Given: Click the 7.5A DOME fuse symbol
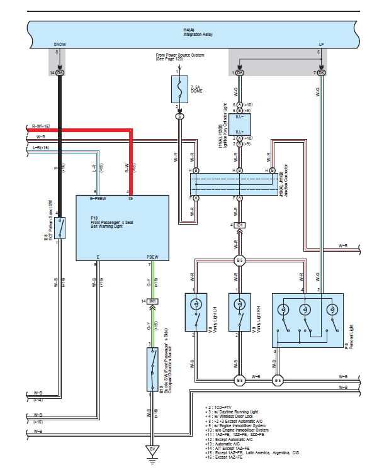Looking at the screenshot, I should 180,89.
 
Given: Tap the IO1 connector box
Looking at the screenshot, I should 241,225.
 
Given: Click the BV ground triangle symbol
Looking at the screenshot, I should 152,449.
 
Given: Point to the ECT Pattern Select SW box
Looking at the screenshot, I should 60,228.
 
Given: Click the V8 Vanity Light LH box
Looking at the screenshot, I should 195,311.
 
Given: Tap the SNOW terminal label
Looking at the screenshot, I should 60,45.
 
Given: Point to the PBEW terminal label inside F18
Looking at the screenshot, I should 152,257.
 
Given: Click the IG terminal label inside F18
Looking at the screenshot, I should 130,199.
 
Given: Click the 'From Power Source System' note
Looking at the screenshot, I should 180,57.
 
